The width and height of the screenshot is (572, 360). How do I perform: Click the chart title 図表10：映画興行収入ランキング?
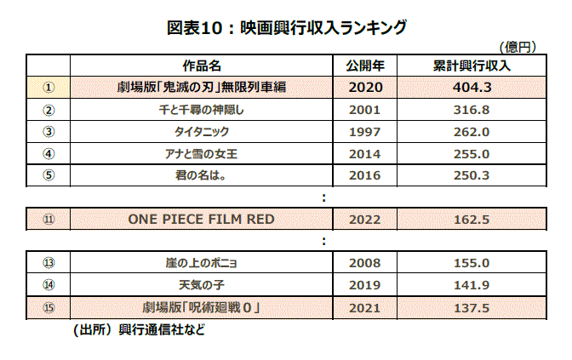[x=286, y=27]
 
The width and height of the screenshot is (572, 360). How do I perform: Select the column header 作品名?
[x=202, y=66]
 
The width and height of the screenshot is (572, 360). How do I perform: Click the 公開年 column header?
[x=366, y=66]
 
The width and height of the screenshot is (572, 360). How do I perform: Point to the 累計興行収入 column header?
[x=472, y=66]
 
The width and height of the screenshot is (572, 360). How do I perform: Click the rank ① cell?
[x=48, y=88]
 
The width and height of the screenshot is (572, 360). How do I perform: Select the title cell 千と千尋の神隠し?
[x=202, y=110]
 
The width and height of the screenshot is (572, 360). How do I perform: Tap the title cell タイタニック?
[x=202, y=132]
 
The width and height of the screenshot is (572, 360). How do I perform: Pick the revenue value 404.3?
[x=472, y=88]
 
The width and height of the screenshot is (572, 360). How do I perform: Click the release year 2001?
[x=366, y=110]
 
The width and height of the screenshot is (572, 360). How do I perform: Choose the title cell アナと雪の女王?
[x=202, y=154]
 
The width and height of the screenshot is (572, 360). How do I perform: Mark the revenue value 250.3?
[x=472, y=176]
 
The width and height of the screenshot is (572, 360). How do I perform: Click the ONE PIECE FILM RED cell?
[x=202, y=219]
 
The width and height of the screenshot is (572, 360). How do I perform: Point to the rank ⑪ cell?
[x=48, y=219]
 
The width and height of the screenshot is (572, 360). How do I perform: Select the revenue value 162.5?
[x=472, y=219]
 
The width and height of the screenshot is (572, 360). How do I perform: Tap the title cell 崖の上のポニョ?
[x=202, y=262]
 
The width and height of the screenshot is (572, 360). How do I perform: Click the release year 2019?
[x=366, y=284]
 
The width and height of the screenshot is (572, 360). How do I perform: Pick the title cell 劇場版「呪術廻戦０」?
[x=202, y=306]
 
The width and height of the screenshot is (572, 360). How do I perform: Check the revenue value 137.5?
[x=472, y=306]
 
